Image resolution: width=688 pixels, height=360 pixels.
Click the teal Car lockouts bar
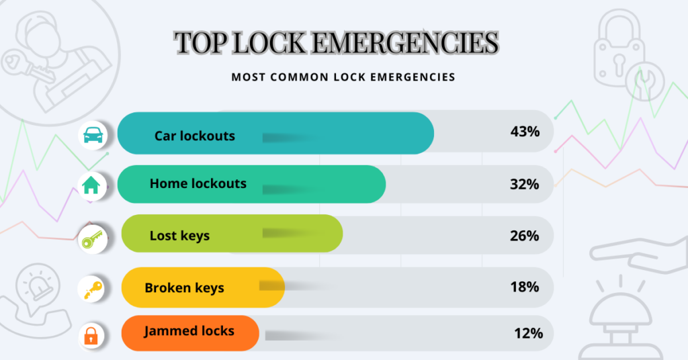pyautogui.click(x=275, y=133)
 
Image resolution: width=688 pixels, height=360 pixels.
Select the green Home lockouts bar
pyautogui.click(x=251, y=184)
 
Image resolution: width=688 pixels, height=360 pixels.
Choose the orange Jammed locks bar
pyautogui.click(x=190, y=332)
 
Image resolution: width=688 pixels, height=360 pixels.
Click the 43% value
pyautogui.click(x=525, y=132)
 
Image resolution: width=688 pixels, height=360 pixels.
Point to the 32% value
pyautogui.click(x=524, y=183)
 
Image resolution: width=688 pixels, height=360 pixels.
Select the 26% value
pyautogui.click(x=524, y=236)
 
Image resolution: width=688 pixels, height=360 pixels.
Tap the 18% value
pyautogui.click(x=524, y=287)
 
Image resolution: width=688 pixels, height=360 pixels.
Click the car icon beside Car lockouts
pyautogui.click(x=93, y=136)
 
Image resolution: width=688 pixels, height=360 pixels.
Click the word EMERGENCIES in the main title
pyautogui.click(x=405, y=43)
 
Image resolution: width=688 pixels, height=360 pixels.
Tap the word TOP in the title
pyautogui.click(x=199, y=43)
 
